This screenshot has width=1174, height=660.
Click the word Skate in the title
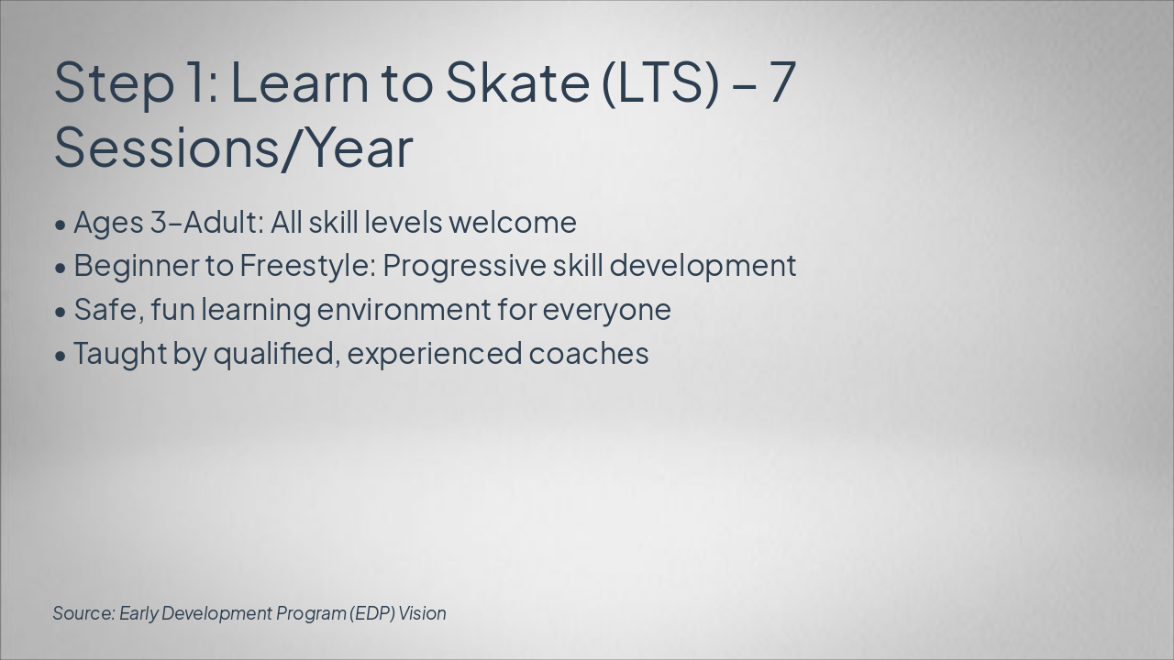517,82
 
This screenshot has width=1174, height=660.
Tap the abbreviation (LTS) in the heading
660,83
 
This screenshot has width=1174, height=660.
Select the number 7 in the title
782,82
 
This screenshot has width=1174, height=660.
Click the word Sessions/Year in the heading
233,148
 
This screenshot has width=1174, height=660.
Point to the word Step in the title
114,83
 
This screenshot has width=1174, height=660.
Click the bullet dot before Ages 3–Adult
61,225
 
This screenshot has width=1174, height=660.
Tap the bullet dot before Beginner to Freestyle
61,269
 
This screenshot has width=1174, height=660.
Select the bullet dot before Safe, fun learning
61,313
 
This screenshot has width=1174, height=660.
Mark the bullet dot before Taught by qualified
61,357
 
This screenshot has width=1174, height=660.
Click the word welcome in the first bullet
513,222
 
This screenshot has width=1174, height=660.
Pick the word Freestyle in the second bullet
307,267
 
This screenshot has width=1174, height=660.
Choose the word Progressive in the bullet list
465,267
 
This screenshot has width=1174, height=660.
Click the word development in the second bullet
703,267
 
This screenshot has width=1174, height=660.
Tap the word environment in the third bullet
404,310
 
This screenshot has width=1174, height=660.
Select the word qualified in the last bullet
273,354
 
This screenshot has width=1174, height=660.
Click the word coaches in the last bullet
589,354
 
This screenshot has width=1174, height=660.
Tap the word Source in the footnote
83,613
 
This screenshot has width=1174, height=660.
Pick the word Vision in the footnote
422,613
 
